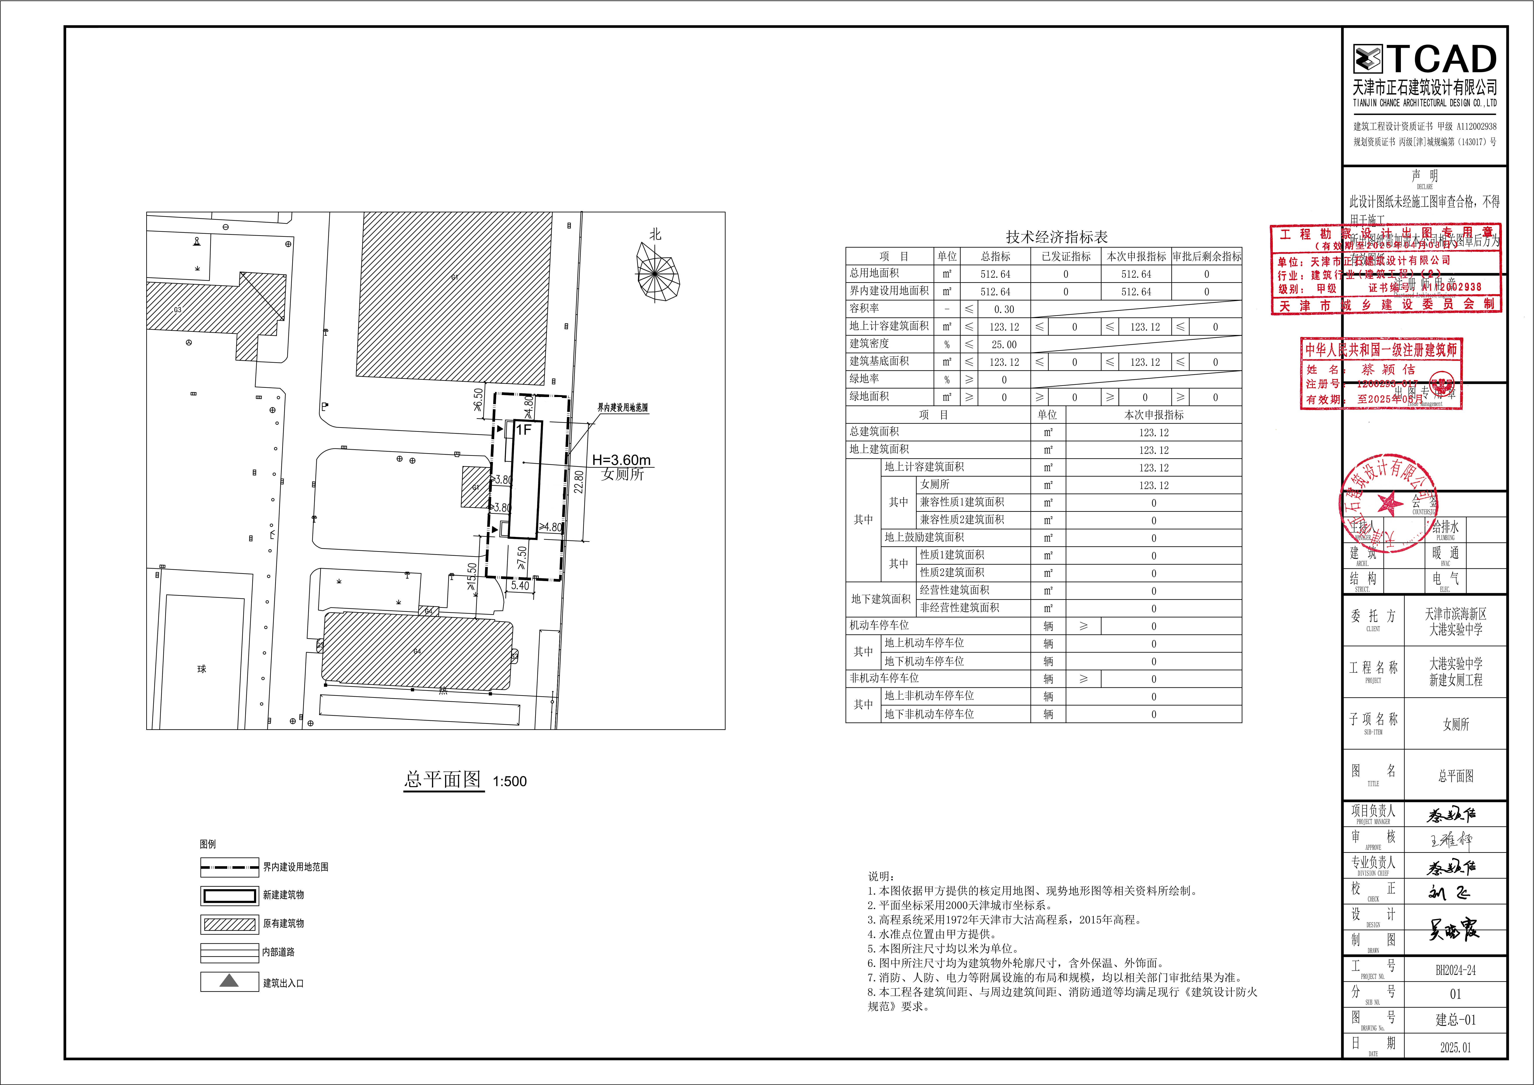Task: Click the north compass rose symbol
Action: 657,271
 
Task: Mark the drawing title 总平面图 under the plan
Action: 442,779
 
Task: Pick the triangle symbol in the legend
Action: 229,981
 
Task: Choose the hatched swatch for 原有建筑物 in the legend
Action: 229,924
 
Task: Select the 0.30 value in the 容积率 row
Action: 1003,309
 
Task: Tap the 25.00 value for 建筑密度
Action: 1003,345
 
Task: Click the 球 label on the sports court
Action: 202,669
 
